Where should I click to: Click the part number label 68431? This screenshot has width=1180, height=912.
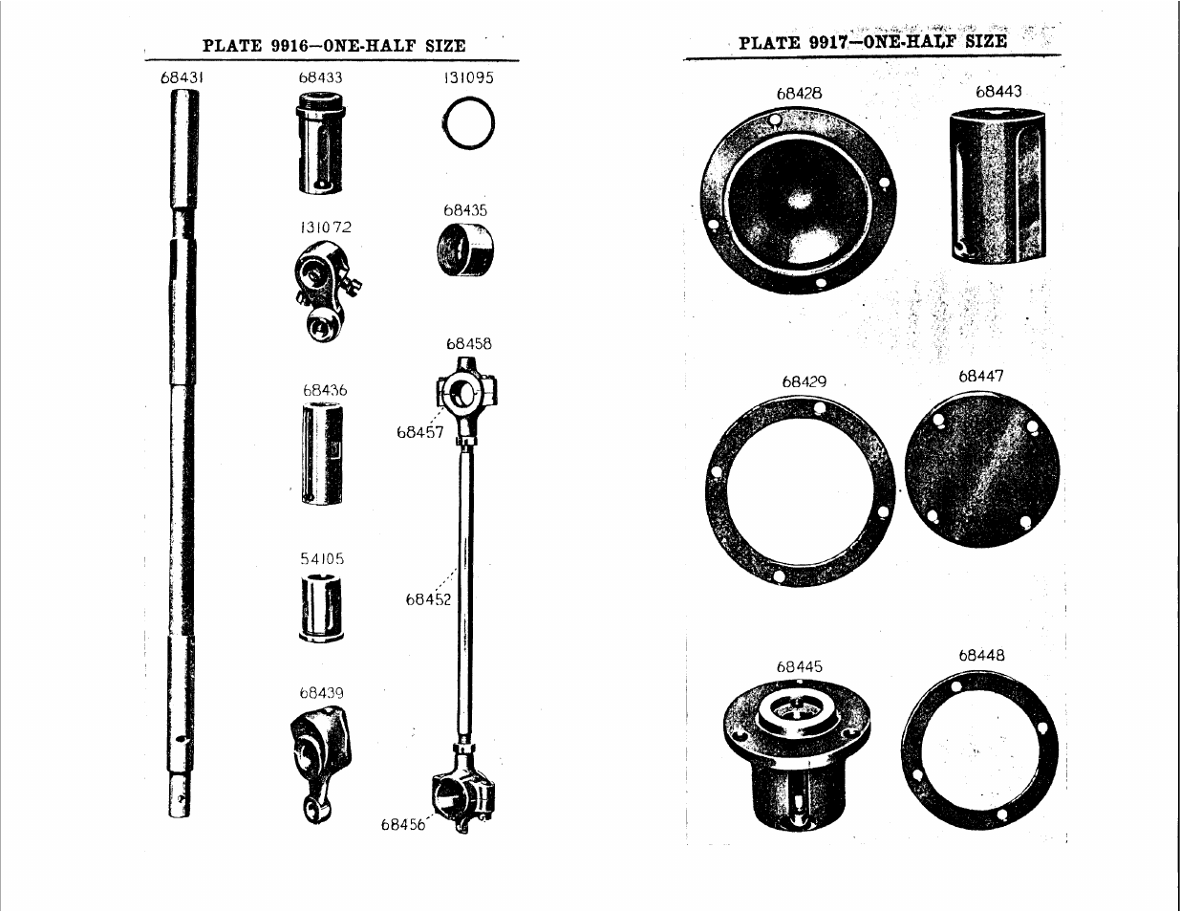(x=182, y=77)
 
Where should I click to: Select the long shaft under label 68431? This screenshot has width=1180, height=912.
(x=182, y=453)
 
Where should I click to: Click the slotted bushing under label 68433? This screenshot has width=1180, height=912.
(x=321, y=142)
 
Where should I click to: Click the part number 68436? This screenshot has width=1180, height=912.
(x=325, y=390)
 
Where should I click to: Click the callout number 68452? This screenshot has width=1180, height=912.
(x=428, y=599)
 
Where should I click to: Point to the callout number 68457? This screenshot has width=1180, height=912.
(x=420, y=432)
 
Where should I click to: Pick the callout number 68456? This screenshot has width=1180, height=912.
(x=403, y=825)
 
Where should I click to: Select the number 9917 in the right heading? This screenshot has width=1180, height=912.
(x=827, y=42)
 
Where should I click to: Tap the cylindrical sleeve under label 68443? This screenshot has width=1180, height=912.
(x=998, y=184)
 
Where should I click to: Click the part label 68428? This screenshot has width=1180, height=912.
(x=800, y=94)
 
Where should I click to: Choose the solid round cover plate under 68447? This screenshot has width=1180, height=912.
(x=982, y=468)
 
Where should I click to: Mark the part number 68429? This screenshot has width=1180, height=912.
(x=805, y=381)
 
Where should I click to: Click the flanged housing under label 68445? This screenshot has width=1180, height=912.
(x=796, y=758)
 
